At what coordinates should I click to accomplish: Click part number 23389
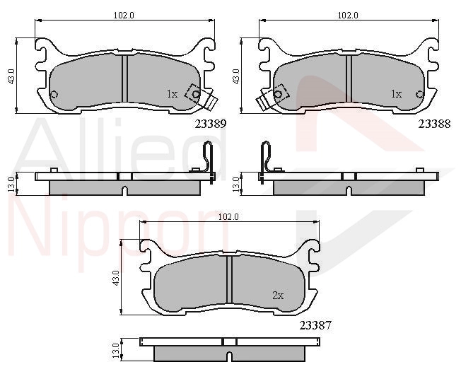211,124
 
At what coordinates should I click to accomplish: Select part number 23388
434,124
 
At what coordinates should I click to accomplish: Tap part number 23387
315,325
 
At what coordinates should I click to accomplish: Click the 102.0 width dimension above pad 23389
124,16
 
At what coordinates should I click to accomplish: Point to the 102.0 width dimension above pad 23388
348,16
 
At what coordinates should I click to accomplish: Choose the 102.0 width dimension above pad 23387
228,217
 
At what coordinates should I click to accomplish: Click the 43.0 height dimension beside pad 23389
11,76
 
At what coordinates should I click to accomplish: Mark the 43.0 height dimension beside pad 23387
116,278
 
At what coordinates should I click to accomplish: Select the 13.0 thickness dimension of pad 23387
117,351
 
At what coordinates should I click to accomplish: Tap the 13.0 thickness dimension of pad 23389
11,185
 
